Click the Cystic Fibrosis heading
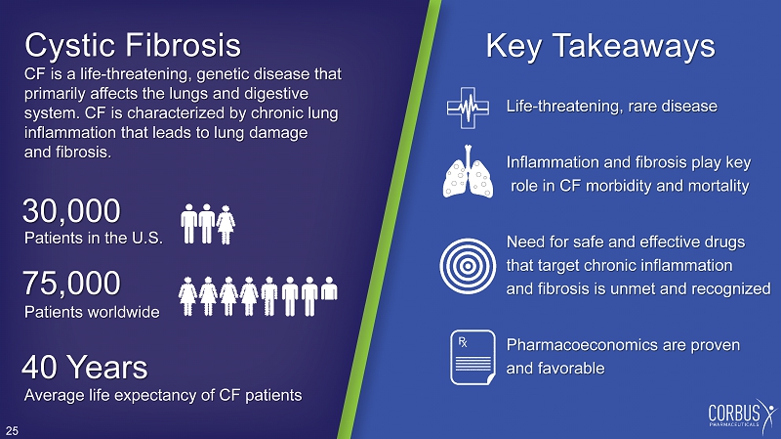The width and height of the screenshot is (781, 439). tap(133, 45)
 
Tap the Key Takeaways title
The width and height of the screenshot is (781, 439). tap(600, 46)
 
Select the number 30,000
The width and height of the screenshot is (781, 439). tap(71, 210)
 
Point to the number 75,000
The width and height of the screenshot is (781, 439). tap(71, 283)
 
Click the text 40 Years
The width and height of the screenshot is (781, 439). tap(85, 368)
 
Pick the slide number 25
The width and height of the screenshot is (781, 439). tap(12, 431)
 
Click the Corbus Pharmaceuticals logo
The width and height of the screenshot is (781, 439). tap(742, 414)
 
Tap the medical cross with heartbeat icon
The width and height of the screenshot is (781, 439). tap(468, 108)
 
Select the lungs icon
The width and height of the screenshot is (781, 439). tap(468, 172)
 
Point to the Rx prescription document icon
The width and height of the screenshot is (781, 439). tap(473, 357)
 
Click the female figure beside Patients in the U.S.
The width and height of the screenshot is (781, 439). tap(226, 225)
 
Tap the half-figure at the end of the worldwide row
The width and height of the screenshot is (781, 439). tap(329, 288)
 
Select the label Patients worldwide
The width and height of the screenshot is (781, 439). tap(92, 312)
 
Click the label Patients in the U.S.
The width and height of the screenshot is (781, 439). tap(94, 238)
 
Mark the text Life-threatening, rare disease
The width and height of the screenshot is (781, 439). tap(612, 107)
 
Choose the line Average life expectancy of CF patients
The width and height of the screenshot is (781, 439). tap(163, 395)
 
